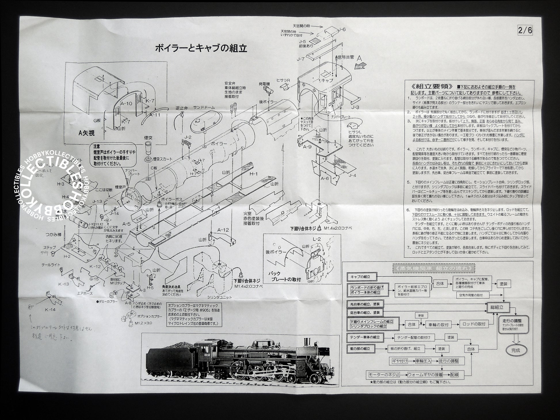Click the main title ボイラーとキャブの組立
pyautogui.click(x=201, y=48)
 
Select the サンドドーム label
pyautogui.click(x=204, y=107)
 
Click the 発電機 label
pyautogui.click(x=264, y=84)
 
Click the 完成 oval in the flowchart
pyautogui.click(x=515, y=350)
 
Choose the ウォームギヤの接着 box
pyautogui.click(x=425, y=375)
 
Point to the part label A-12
pyautogui.click(x=223, y=230)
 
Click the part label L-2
pyautogui.click(x=317, y=239)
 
